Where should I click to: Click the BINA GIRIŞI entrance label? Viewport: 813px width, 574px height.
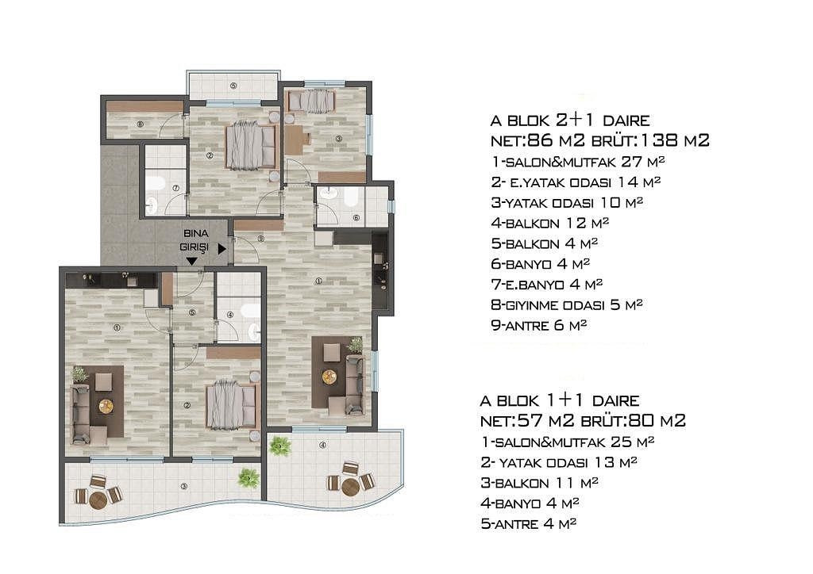pyautogui.click(x=195, y=240)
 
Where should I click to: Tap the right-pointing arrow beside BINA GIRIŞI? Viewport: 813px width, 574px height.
pyautogui.click(x=222, y=249)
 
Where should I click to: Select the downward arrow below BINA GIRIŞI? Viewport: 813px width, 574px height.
pyautogui.click(x=192, y=262)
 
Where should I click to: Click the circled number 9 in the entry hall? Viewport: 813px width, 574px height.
pyautogui.click(x=260, y=239)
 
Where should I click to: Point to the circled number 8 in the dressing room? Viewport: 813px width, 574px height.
pyautogui.click(x=140, y=124)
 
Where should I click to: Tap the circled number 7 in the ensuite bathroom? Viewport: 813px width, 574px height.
pyautogui.click(x=175, y=188)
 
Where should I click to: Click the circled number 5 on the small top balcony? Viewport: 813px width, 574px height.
pyautogui.click(x=233, y=86)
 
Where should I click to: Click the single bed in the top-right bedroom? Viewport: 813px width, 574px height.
pyautogui.click(x=311, y=101)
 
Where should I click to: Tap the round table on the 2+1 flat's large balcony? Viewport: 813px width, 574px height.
pyautogui.click(x=350, y=487)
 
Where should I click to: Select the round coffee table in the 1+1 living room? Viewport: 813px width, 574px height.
pyautogui.click(x=106, y=406)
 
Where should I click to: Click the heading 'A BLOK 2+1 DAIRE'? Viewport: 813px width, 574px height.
pyautogui.click(x=570, y=121)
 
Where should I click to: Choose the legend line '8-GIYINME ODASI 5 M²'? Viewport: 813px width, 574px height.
pyautogui.click(x=567, y=305)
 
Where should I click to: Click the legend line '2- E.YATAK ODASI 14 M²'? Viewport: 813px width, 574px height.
pyautogui.click(x=576, y=182)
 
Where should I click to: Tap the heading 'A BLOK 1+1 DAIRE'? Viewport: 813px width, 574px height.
pyautogui.click(x=560, y=400)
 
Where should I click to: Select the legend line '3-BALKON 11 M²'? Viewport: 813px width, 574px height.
pyautogui.click(x=539, y=483)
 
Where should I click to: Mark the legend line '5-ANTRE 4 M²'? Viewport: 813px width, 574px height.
pyautogui.click(x=528, y=524)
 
